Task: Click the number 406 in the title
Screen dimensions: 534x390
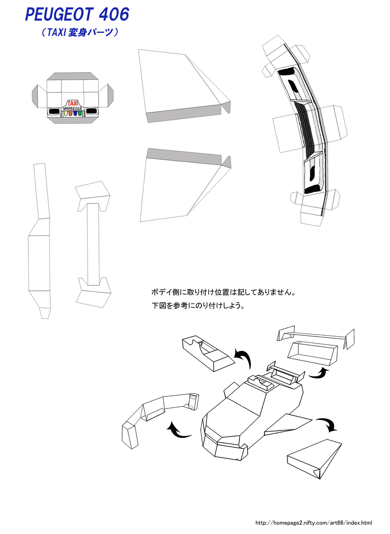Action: (x=114, y=14)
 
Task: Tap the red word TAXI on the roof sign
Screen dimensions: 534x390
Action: (x=73, y=103)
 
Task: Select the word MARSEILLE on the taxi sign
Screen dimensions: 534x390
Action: (x=73, y=108)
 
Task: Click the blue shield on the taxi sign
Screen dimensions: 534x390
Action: (x=75, y=113)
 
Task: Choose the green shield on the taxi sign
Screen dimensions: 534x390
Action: (x=80, y=113)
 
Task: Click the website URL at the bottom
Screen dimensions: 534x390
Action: (x=314, y=523)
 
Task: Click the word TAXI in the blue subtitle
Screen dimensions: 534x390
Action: (x=56, y=32)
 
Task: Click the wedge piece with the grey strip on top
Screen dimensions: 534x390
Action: (x=183, y=183)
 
